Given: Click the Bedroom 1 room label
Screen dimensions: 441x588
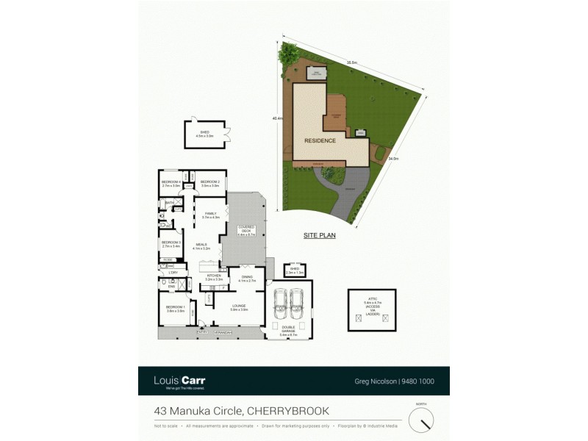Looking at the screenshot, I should [175, 309].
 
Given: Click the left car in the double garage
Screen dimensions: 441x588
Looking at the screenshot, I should [279, 302].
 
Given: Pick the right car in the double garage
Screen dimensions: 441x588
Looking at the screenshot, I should [296, 302].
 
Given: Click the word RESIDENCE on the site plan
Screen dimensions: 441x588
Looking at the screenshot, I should [320, 140].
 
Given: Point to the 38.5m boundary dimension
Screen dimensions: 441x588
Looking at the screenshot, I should [351, 63].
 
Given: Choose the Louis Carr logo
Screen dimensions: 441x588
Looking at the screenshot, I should [179, 381].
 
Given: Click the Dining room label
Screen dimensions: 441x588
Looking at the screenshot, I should [246, 279].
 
